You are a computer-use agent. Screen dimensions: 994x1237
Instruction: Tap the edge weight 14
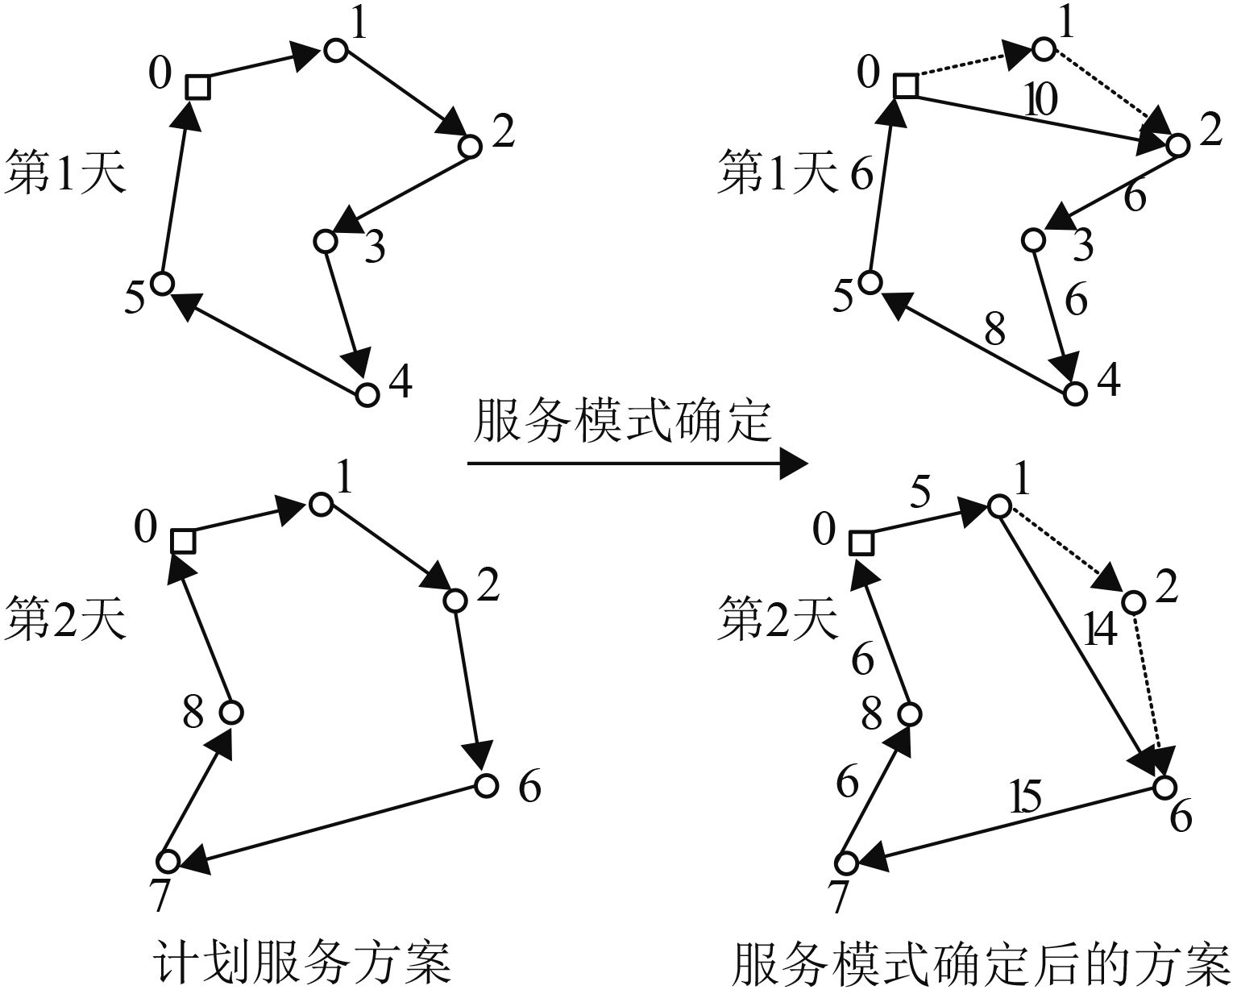point(1100,630)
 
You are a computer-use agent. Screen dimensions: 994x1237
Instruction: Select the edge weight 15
point(1027,798)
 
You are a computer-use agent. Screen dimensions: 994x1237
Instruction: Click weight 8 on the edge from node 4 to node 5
point(995,330)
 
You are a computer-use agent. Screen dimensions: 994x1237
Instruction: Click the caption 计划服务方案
point(301,961)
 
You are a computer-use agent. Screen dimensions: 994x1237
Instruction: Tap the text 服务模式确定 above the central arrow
point(622,421)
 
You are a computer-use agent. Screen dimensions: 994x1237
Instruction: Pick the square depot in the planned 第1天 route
point(197,86)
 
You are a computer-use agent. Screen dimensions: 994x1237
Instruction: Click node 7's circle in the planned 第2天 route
point(168,861)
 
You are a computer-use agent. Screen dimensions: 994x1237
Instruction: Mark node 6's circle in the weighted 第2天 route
point(1163,786)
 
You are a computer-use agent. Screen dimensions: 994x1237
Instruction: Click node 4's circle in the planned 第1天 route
point(367,395)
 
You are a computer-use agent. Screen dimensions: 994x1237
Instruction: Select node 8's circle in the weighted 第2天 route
point(910,714)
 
